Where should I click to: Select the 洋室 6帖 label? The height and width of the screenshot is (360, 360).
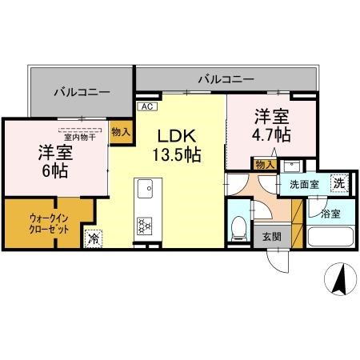[x=54, y=160]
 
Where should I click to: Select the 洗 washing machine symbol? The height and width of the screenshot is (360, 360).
[x=338, y=182]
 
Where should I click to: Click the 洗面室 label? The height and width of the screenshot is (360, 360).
[x=304, y=184]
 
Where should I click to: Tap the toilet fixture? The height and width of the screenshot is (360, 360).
[x=238, y=229]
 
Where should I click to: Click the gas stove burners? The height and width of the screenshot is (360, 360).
[x=146, y=226]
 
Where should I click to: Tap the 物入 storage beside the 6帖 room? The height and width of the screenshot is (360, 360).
[x=120, y=133]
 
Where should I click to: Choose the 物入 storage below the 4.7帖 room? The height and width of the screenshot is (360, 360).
[x=265, y=164]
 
